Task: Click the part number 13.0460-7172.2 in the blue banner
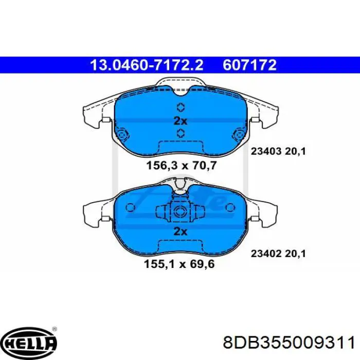[x=147, y=65]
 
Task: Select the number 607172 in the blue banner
[x=249, y=65]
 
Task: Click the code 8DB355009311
[x=289, y=343]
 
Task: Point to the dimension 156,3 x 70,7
[x=182, y=165]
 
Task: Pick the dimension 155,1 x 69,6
[x=179, y=264]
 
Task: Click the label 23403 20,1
[x=278, y=152]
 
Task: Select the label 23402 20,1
[x=278, y=254]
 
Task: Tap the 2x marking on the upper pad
[x=181, y=121]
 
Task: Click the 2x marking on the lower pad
[x=181, y=231]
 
